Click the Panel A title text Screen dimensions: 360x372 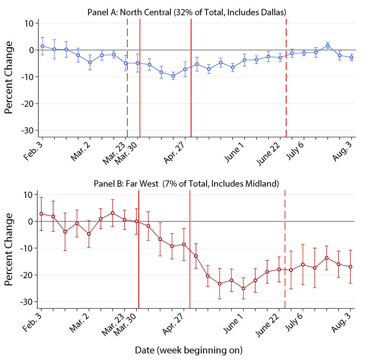pos(186,12)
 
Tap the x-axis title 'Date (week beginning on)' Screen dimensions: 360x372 pos(189,350)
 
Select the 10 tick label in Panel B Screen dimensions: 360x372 pos(29,195)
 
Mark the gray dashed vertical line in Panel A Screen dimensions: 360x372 pos(128,93)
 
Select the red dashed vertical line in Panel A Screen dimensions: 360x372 pos(286,93)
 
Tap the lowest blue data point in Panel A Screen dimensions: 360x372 pos(173,76)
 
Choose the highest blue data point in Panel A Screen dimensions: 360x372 pos(328,46)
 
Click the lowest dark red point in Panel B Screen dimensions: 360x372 pos(243,288)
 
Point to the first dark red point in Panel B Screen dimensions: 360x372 pos(41,214)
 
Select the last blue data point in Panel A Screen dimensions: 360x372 pos(352,57)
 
